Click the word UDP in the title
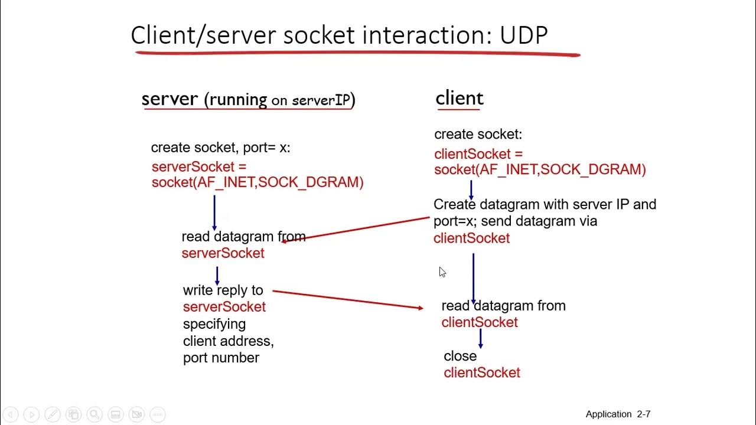click(x=523, y=35)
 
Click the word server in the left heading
click(x=170, y=99)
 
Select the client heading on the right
click(x=460, y=98)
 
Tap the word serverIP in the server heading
click(x=321, y=100)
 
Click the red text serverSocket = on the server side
click(x=199, y=166)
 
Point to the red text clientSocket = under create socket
click(x=478, y=154)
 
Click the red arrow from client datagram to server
click(x=356, y=230)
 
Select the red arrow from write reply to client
click(x=348, y=299)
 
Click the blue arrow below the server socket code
click(x=214, y=213)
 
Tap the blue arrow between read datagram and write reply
click(x=217, y=276)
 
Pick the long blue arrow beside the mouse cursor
click(x=473, y=279)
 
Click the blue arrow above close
click(x=481, y=338)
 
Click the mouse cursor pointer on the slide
click(x=442, y=272)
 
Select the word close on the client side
click(x=460, y=356)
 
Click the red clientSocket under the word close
click(x=482, y=372)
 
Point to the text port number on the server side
click(x=221, y=358)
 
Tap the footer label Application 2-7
click(x=618, y=414)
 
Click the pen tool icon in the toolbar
click(x=53, y=414)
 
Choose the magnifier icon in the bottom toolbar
click(x=94, y=414)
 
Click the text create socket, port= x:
click(x=220, y=148)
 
